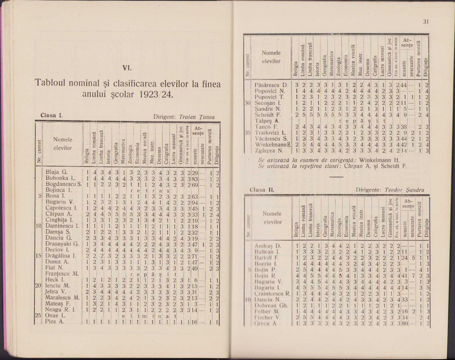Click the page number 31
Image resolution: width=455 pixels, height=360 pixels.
[426, 22]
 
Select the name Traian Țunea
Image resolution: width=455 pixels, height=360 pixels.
[196, 117]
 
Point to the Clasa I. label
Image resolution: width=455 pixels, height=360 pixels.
[51, 116]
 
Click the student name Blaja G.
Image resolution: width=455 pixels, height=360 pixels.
[56, 173]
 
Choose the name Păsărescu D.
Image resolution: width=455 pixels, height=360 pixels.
[271, 85]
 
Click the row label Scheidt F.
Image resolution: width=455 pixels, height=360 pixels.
[269, 114]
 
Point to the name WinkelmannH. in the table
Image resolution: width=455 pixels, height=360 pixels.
[273, 144]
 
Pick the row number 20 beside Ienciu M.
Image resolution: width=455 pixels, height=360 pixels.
[40, 286]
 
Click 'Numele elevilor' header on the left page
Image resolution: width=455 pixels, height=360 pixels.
[63, 144]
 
